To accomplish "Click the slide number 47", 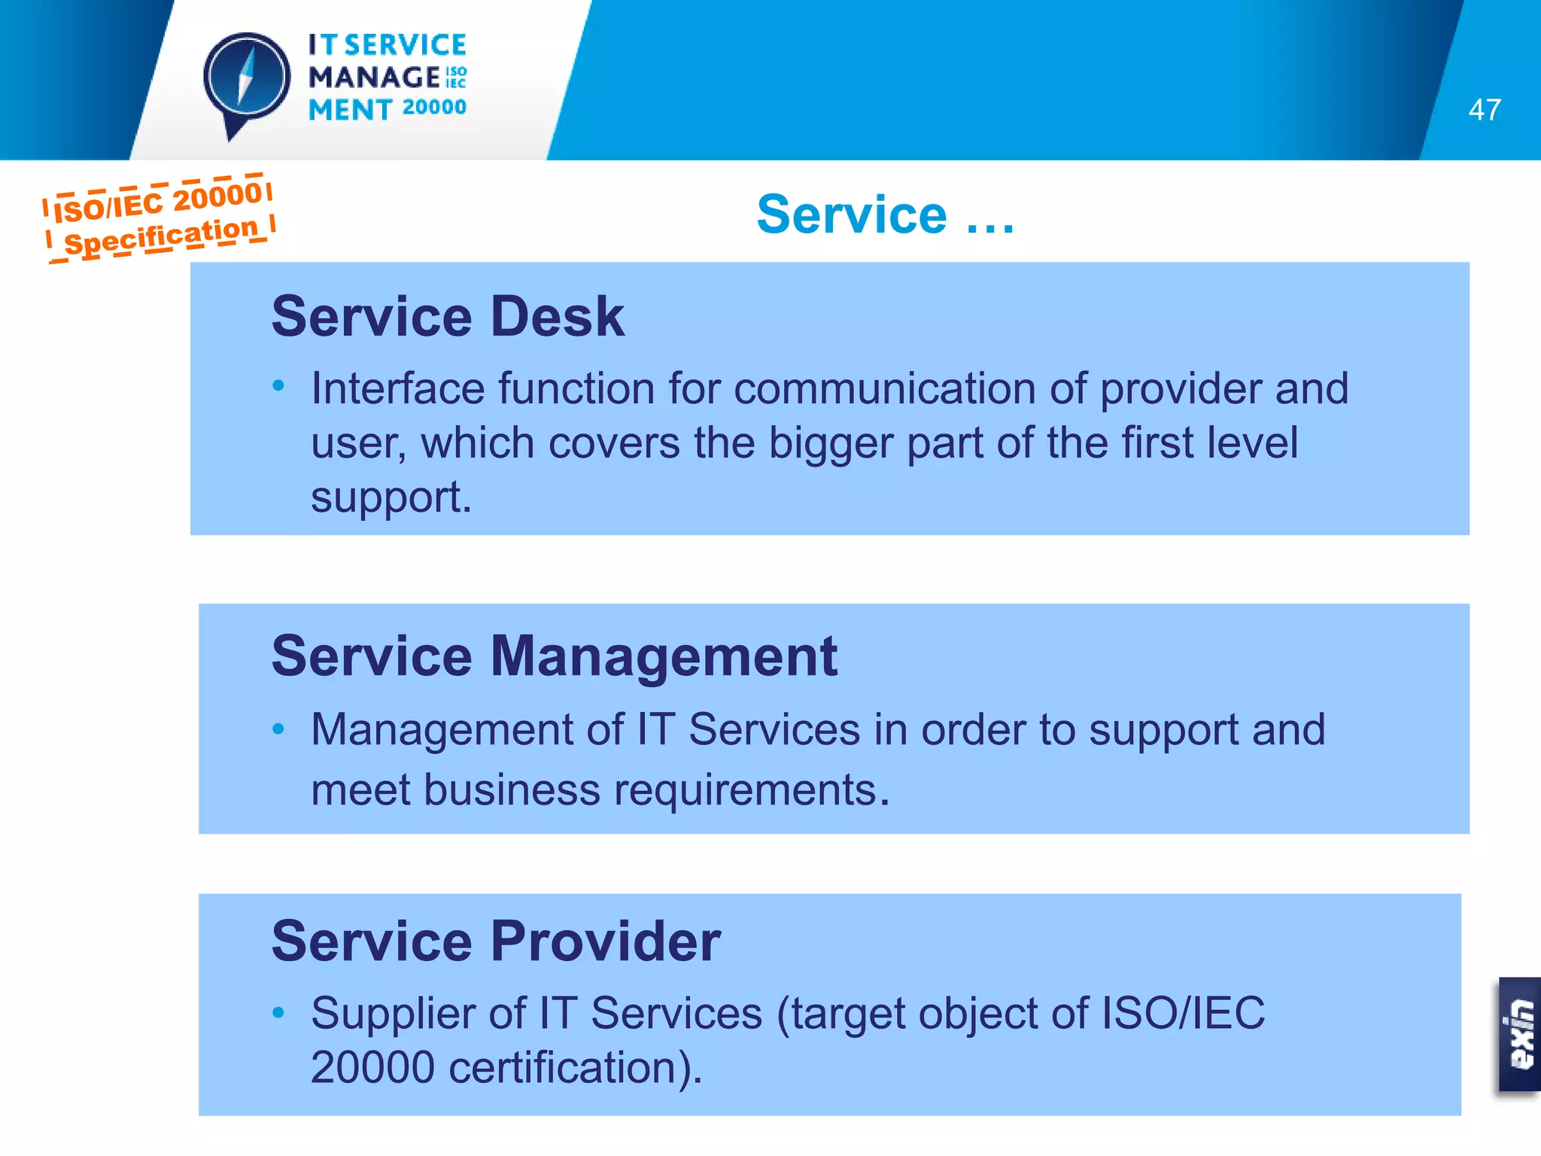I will [1484, 110].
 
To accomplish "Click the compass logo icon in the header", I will [246, 80].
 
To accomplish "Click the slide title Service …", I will [885, 214].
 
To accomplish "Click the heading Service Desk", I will [448, 316].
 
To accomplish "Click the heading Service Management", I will [554, 656].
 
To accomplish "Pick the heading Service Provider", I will [496, 941].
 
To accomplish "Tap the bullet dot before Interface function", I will [278, 386].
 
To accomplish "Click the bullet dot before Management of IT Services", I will [278, 729].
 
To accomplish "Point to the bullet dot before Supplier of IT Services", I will [278, 1012].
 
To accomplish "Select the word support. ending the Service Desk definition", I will [391, 498].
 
